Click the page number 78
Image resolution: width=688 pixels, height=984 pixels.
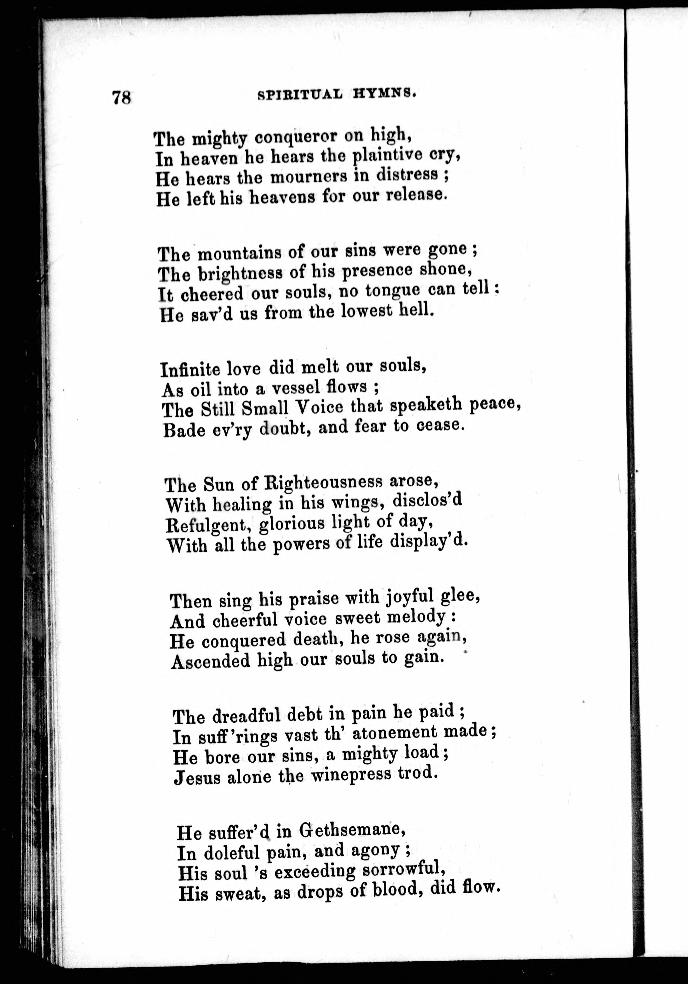point(122,97)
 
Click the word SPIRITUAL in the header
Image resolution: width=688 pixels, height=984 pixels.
point(300,95)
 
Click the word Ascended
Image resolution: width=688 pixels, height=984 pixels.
point(210,661)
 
